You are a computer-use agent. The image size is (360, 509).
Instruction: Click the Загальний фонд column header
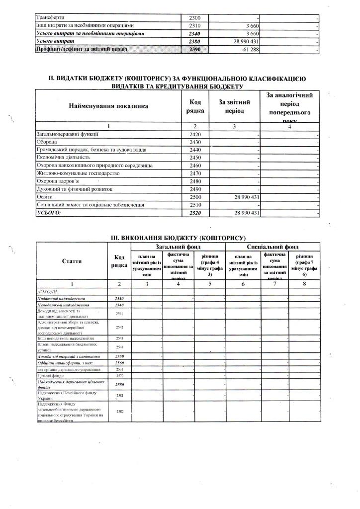coord(178,246)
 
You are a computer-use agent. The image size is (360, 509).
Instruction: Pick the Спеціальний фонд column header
coord(272,246)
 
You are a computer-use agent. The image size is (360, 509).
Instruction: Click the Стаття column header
coord(72,261)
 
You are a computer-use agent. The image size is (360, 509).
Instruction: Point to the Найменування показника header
coord(108,106)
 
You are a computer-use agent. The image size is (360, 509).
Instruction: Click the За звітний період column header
coord(234,106)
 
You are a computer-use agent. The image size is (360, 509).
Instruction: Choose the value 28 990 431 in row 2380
coord(243,41)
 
